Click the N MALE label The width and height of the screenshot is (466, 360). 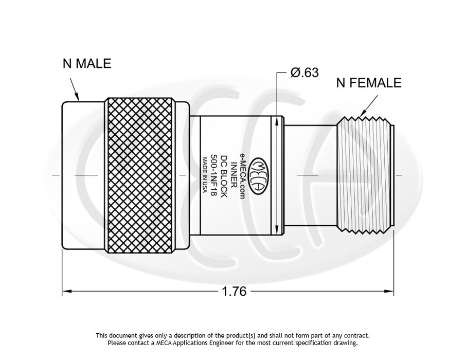coord(86,64)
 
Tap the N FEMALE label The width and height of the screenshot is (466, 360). coord(368,82)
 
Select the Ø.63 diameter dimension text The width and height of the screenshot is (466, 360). coord(304,73)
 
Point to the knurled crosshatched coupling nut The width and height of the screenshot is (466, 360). coord(139,175)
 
